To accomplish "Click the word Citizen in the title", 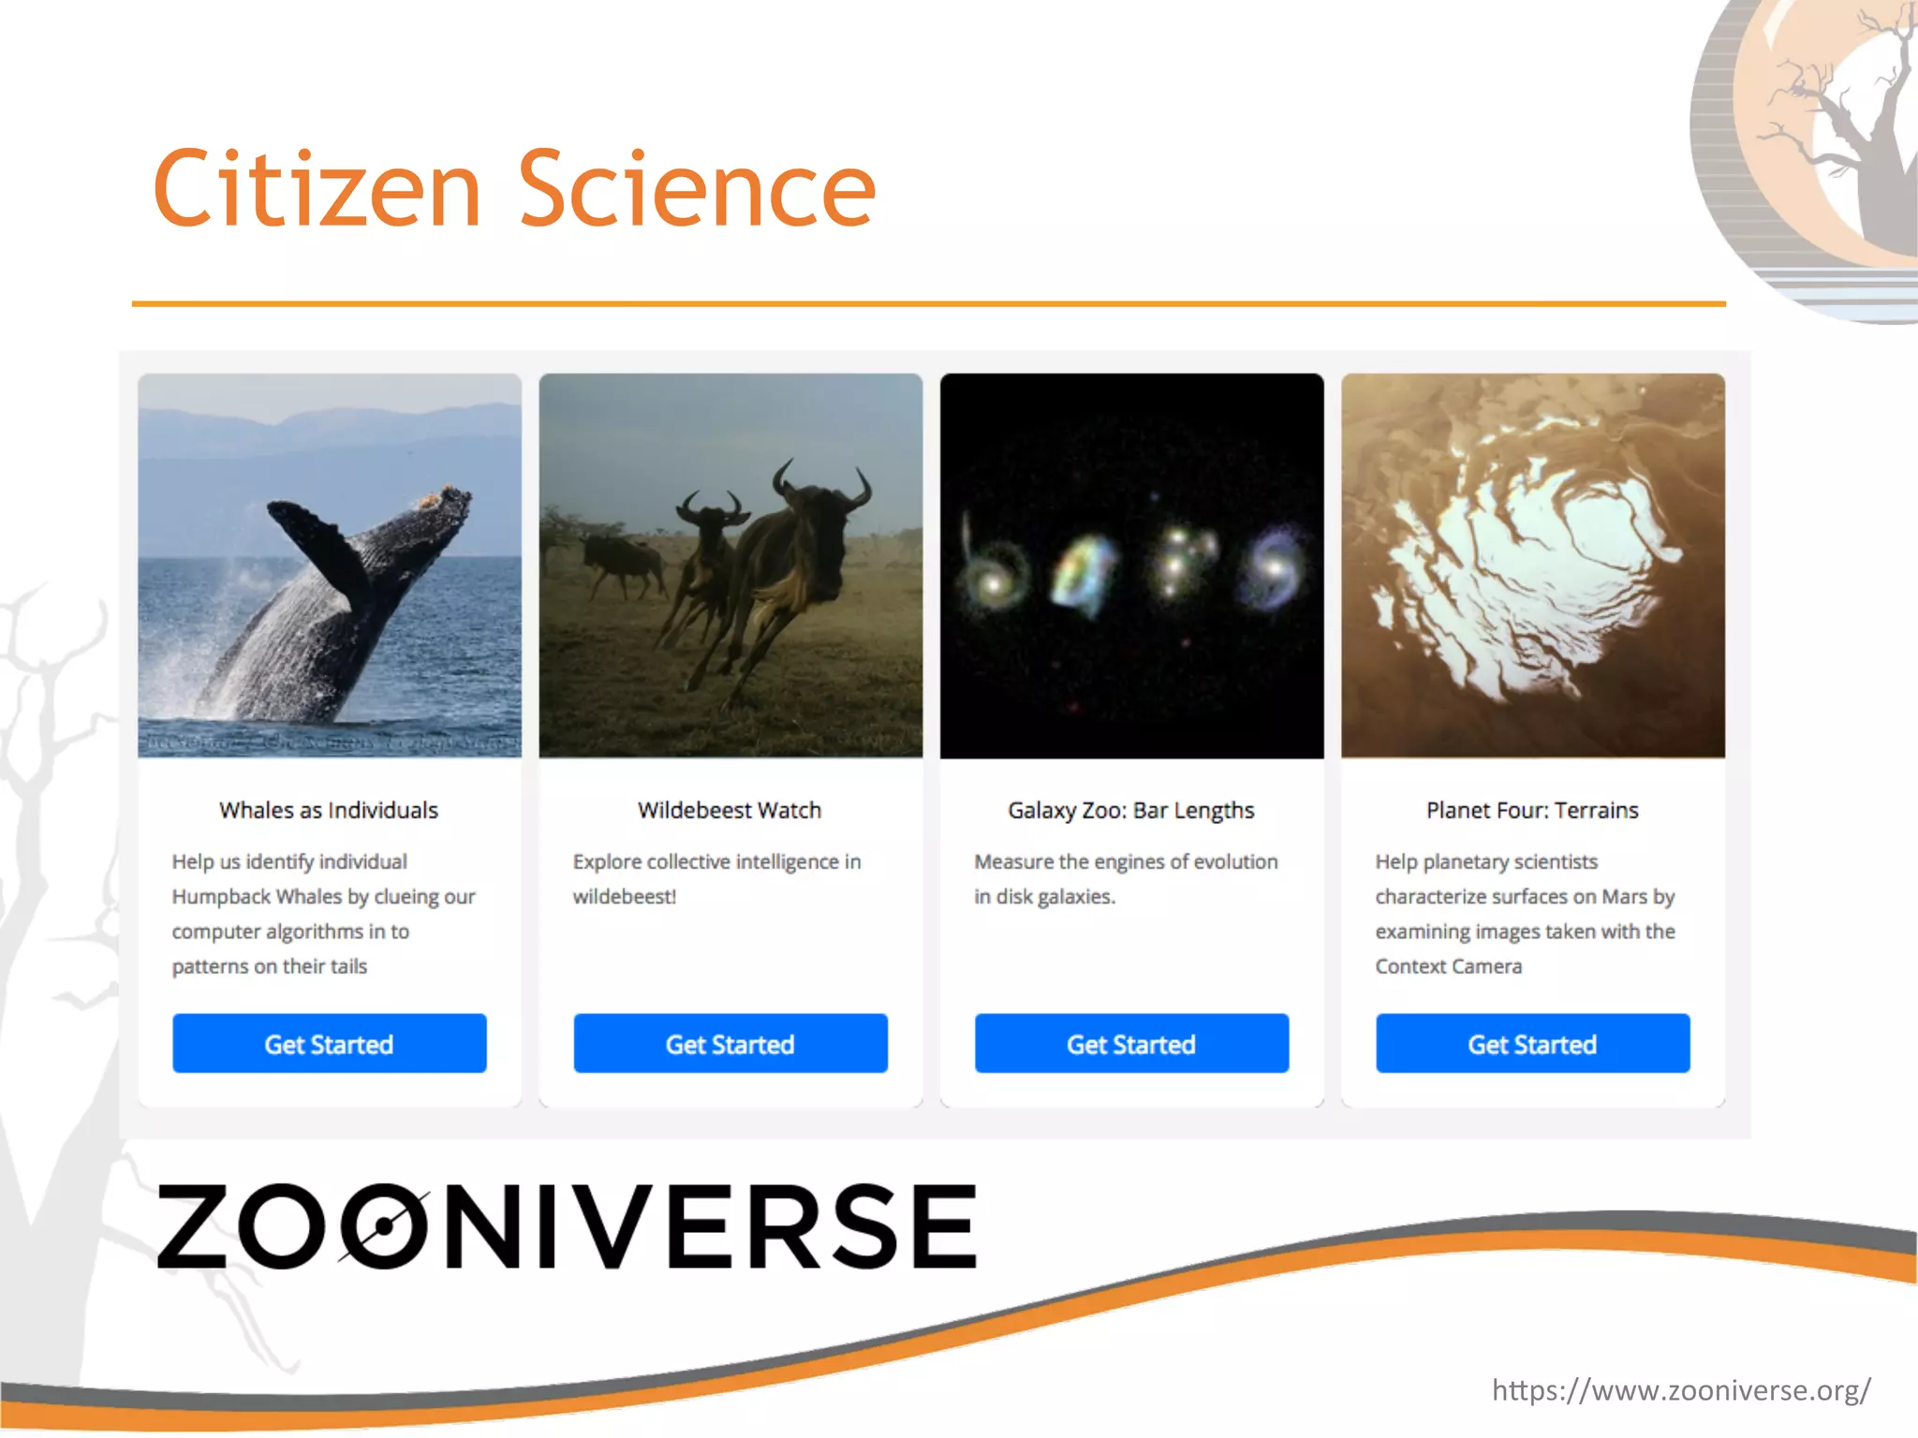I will [x=317, y=189].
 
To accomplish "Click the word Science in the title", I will [x=697, y=189].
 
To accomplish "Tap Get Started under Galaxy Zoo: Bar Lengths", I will [x=1131, y=1044].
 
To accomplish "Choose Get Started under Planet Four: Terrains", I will [x=1532, y=1044].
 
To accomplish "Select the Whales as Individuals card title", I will [x=329, y=811].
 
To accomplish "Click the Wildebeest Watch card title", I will [x=730, y=811].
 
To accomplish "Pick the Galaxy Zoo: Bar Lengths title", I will [x=1130, y=811].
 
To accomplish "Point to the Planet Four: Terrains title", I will [x=1532, y=811].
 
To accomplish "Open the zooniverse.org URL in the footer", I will [x=1681, y=1390].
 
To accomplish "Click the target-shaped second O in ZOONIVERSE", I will [x=383, y=1225].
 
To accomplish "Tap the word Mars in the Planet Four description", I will [x=1624, y=897].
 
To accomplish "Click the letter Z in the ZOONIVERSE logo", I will [x=193, y=1225].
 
